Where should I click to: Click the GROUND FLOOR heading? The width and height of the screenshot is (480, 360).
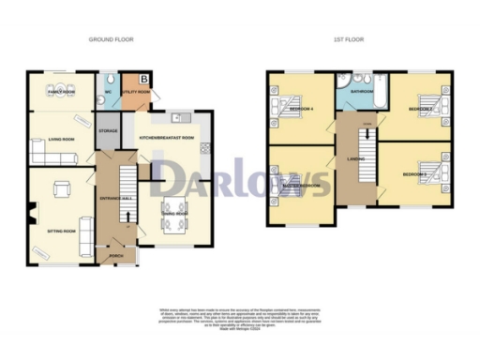[x=110, y=39]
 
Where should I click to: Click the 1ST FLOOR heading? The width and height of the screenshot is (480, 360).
[x=349, y=39]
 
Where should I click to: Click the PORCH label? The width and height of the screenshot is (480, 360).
[x=116, y=255]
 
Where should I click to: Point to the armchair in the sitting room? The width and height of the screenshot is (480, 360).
[x=62, y=191]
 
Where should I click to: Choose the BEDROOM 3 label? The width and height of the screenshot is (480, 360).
[x=415, y=174]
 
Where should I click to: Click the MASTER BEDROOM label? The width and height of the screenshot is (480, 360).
[x=298, y=186]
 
